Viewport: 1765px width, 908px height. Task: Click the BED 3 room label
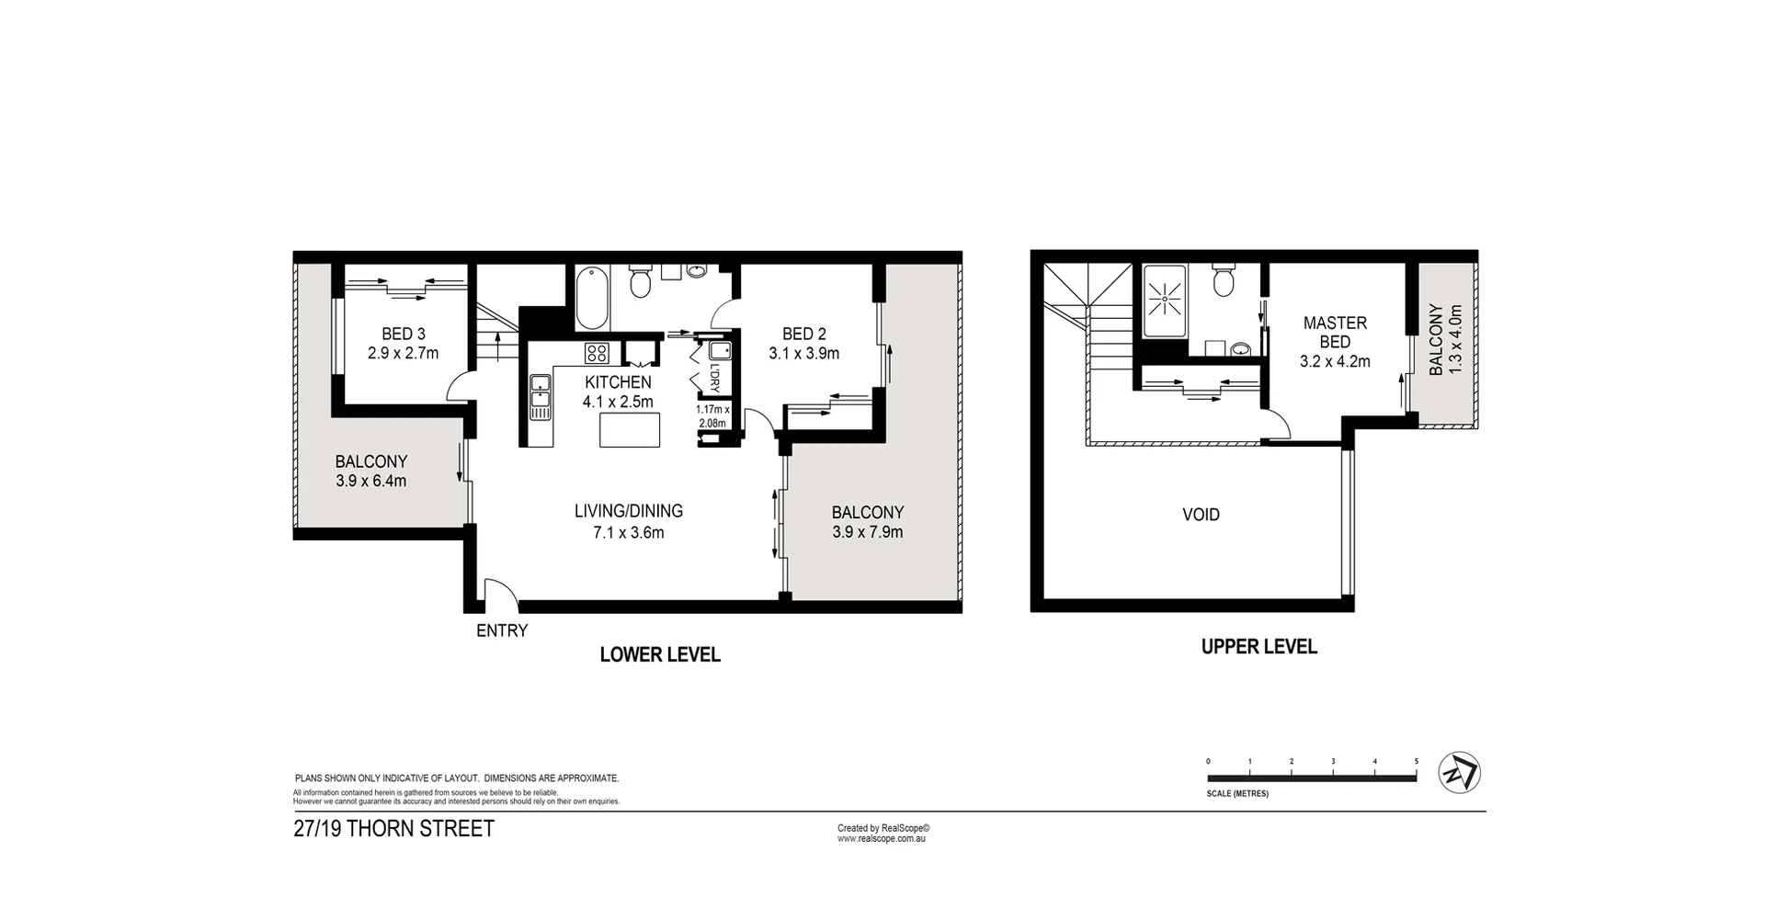(403, 343)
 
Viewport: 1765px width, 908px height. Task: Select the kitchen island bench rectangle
(630, 430)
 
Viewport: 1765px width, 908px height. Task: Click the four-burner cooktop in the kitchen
(597, 353)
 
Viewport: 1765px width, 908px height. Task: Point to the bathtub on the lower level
(592, 300)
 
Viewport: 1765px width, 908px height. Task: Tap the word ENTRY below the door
(502, 631)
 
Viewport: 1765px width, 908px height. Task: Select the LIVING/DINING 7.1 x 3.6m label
(629, 521)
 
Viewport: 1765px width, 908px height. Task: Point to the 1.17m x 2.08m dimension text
(712, 416)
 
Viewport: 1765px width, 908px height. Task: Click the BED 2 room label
(803, 343)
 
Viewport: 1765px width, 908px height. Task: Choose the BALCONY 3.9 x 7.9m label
(867, 522)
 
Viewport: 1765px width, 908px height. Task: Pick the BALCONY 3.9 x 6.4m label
(370, 471)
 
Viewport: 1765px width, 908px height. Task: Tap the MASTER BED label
(1335, 341)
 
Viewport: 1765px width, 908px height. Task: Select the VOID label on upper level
(1201, 515)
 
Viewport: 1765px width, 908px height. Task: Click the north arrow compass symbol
(1460, 773)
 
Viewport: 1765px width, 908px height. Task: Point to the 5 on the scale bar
(1417, 762)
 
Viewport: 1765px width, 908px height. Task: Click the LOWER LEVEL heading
(659, 654)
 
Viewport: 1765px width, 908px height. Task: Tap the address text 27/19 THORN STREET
(393, 828)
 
